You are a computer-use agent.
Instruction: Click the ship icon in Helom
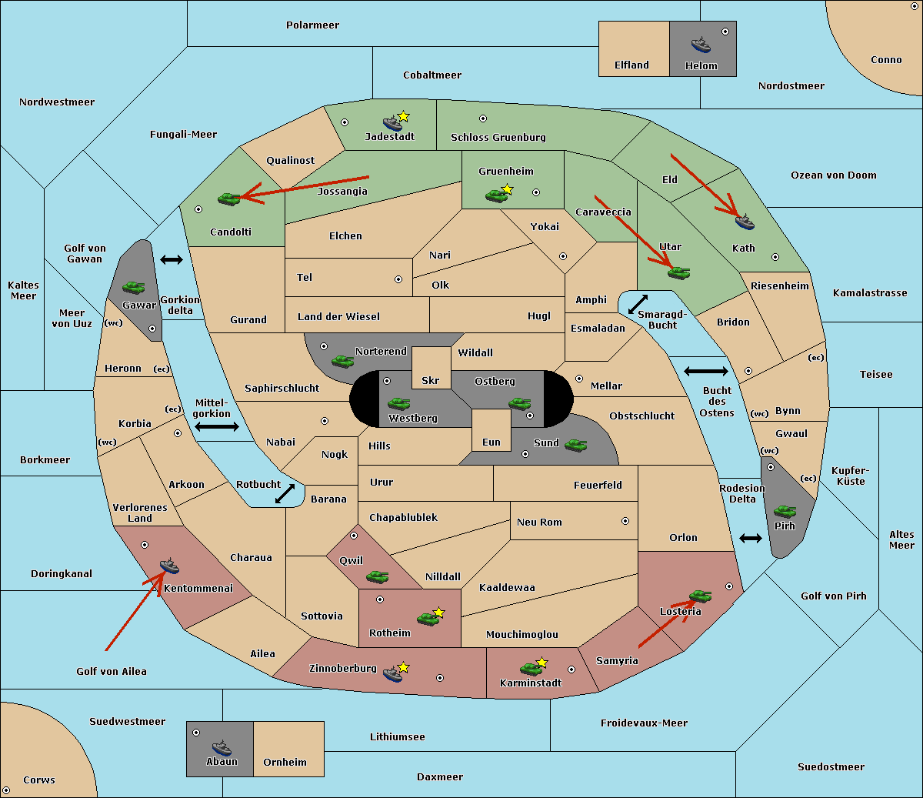701,45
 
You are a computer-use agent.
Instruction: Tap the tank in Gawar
133,287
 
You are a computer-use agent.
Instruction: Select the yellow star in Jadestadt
403,116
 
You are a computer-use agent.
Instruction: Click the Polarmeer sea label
312,25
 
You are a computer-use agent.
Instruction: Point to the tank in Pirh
785,511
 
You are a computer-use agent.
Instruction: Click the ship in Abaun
222,747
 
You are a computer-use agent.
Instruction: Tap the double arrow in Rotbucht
285,493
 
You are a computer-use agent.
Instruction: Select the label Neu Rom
539,522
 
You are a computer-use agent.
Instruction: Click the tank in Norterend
342,361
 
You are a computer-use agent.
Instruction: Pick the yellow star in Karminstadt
541,662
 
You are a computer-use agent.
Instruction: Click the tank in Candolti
228,199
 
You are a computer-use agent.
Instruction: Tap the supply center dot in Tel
398,279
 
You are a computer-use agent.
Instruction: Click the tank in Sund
575,445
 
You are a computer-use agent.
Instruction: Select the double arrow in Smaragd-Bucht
638,304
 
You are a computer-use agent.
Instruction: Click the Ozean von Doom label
834,175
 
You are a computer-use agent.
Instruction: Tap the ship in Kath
745,222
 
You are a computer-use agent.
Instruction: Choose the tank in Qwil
378,576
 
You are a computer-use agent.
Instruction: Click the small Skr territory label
430,380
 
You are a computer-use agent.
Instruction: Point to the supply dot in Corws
6,790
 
